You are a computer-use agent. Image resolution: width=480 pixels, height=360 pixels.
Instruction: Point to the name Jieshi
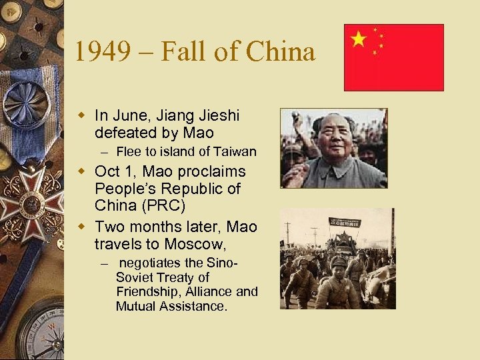tap(217, 115)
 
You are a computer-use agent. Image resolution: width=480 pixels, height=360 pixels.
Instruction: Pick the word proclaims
tap(211, 171)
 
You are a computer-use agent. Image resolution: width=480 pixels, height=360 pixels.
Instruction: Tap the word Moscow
tap(216, 245)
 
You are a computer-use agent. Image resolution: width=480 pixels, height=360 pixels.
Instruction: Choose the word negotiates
tap(154, 263)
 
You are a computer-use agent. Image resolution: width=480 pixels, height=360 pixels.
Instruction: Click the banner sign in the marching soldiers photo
tap(344, 223)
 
